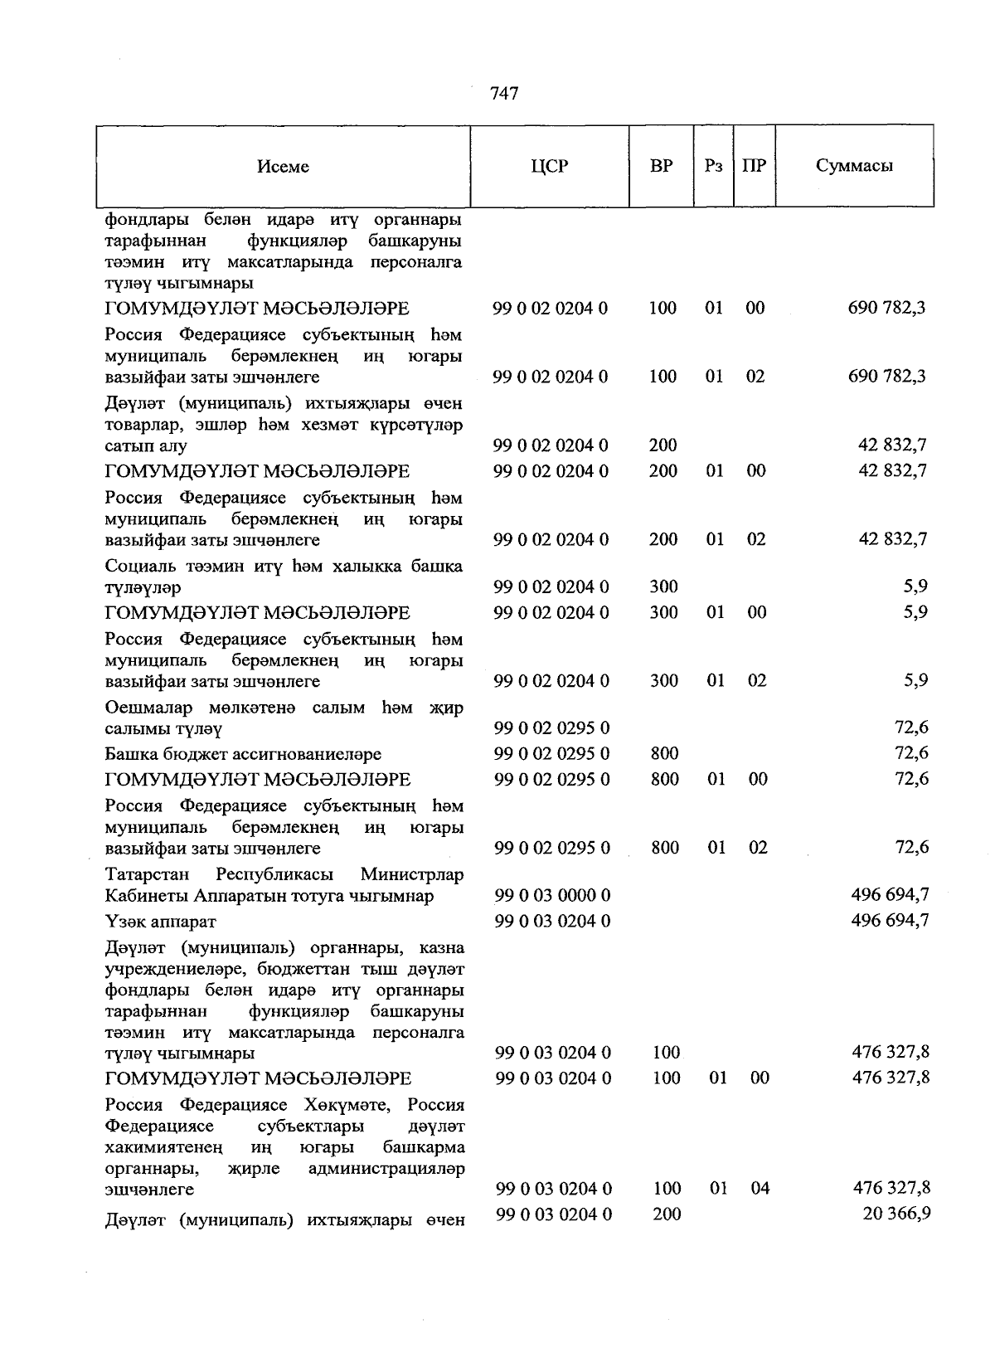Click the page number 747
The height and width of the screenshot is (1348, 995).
(504, 94)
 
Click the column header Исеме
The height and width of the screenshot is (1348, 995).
(283, 167)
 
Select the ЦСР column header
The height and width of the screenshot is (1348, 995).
(550, 166)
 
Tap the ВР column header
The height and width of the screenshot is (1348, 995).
(661, 166)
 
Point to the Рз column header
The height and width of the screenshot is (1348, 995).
(713, 166)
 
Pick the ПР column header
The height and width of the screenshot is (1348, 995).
(754, 166)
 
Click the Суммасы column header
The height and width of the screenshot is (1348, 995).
(854, 166)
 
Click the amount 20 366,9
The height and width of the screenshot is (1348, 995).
(896, 1213)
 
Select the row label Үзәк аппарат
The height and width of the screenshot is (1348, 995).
(160, 922)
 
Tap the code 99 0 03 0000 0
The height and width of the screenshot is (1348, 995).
(552, 895)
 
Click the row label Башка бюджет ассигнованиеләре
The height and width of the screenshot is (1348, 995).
(243, 754)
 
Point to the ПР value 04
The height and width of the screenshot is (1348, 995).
(760, 1188)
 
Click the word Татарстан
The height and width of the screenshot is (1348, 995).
(147, 874)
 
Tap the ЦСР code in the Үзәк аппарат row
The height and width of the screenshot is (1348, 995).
(552, 921)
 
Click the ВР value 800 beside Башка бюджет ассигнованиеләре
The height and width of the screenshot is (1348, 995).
(665, 753)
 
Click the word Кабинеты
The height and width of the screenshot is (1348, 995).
(144, 896)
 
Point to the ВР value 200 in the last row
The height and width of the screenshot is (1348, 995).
(667, 1214)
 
